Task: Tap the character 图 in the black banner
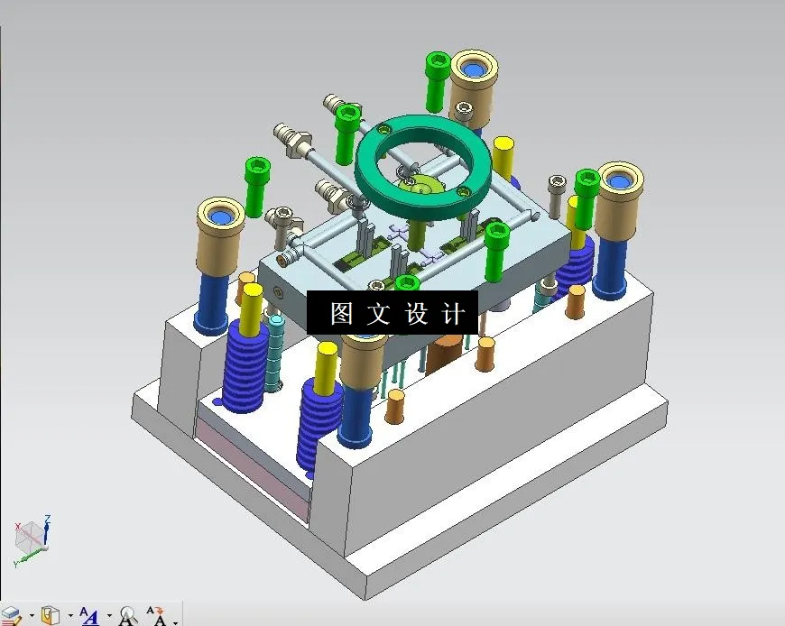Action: tap(341, 314)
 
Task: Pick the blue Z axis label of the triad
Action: tap(47, 519)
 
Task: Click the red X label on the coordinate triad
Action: tap(17, 526)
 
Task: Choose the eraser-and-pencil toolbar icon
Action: tap(12, 616)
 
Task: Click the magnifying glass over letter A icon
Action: tap(127, 616)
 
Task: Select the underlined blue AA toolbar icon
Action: tap(89, 616)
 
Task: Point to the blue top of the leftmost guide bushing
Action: tap(221, 216)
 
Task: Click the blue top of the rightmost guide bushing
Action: tap(620, 181)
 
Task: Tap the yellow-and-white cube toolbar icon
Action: tap(51, 616)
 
